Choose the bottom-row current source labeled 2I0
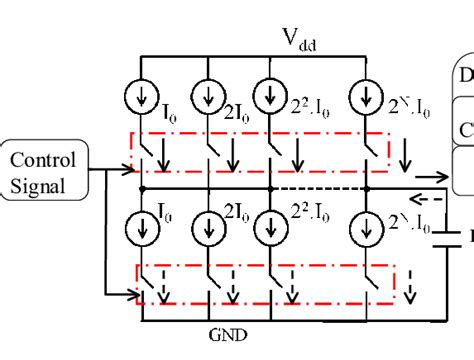[x=208, y=224]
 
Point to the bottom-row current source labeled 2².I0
[x=267, y=224]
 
